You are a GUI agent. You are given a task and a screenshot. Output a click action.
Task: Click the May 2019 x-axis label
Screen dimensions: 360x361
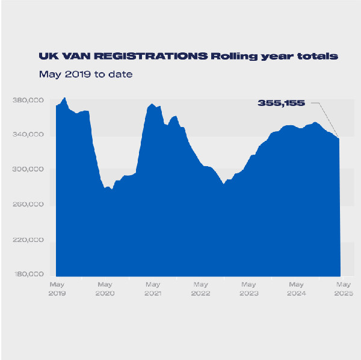[x=57, y=288]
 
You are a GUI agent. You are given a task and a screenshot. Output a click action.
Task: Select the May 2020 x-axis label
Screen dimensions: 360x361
[x=105, y=288]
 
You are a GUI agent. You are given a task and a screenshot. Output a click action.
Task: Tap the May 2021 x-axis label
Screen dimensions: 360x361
[x=153, y=288]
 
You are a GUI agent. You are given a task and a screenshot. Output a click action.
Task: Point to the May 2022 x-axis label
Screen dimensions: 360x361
[x=200, y=288]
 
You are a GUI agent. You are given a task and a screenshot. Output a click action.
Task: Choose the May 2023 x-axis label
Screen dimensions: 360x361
[x=248, y=288]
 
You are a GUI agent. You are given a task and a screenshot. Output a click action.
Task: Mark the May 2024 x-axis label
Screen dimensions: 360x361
[x=296, y=288]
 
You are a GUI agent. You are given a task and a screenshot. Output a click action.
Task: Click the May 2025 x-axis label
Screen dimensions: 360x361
[x=343, y=288]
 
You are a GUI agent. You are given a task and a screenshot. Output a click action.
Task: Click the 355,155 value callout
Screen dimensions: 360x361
[x=282, y=103]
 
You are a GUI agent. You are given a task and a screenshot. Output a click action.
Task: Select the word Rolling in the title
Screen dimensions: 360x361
[x=235, y=56]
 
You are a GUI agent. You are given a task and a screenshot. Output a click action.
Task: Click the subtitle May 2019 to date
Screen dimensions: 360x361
[x=85, y=75]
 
